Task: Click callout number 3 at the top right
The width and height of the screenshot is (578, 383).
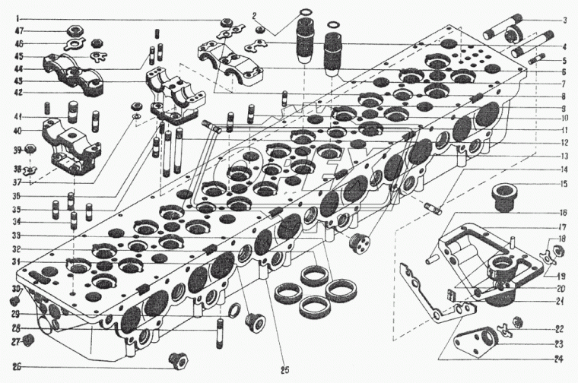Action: pyautogui.click(x=564, y=20)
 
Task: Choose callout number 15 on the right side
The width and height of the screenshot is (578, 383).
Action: pyautogui.click(x=564, y=184)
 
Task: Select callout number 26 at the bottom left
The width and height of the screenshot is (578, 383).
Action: pyautogui.click(x=16, y=367)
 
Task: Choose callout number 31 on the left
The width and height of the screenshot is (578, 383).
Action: pyautogui.click(x=16, y=262)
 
